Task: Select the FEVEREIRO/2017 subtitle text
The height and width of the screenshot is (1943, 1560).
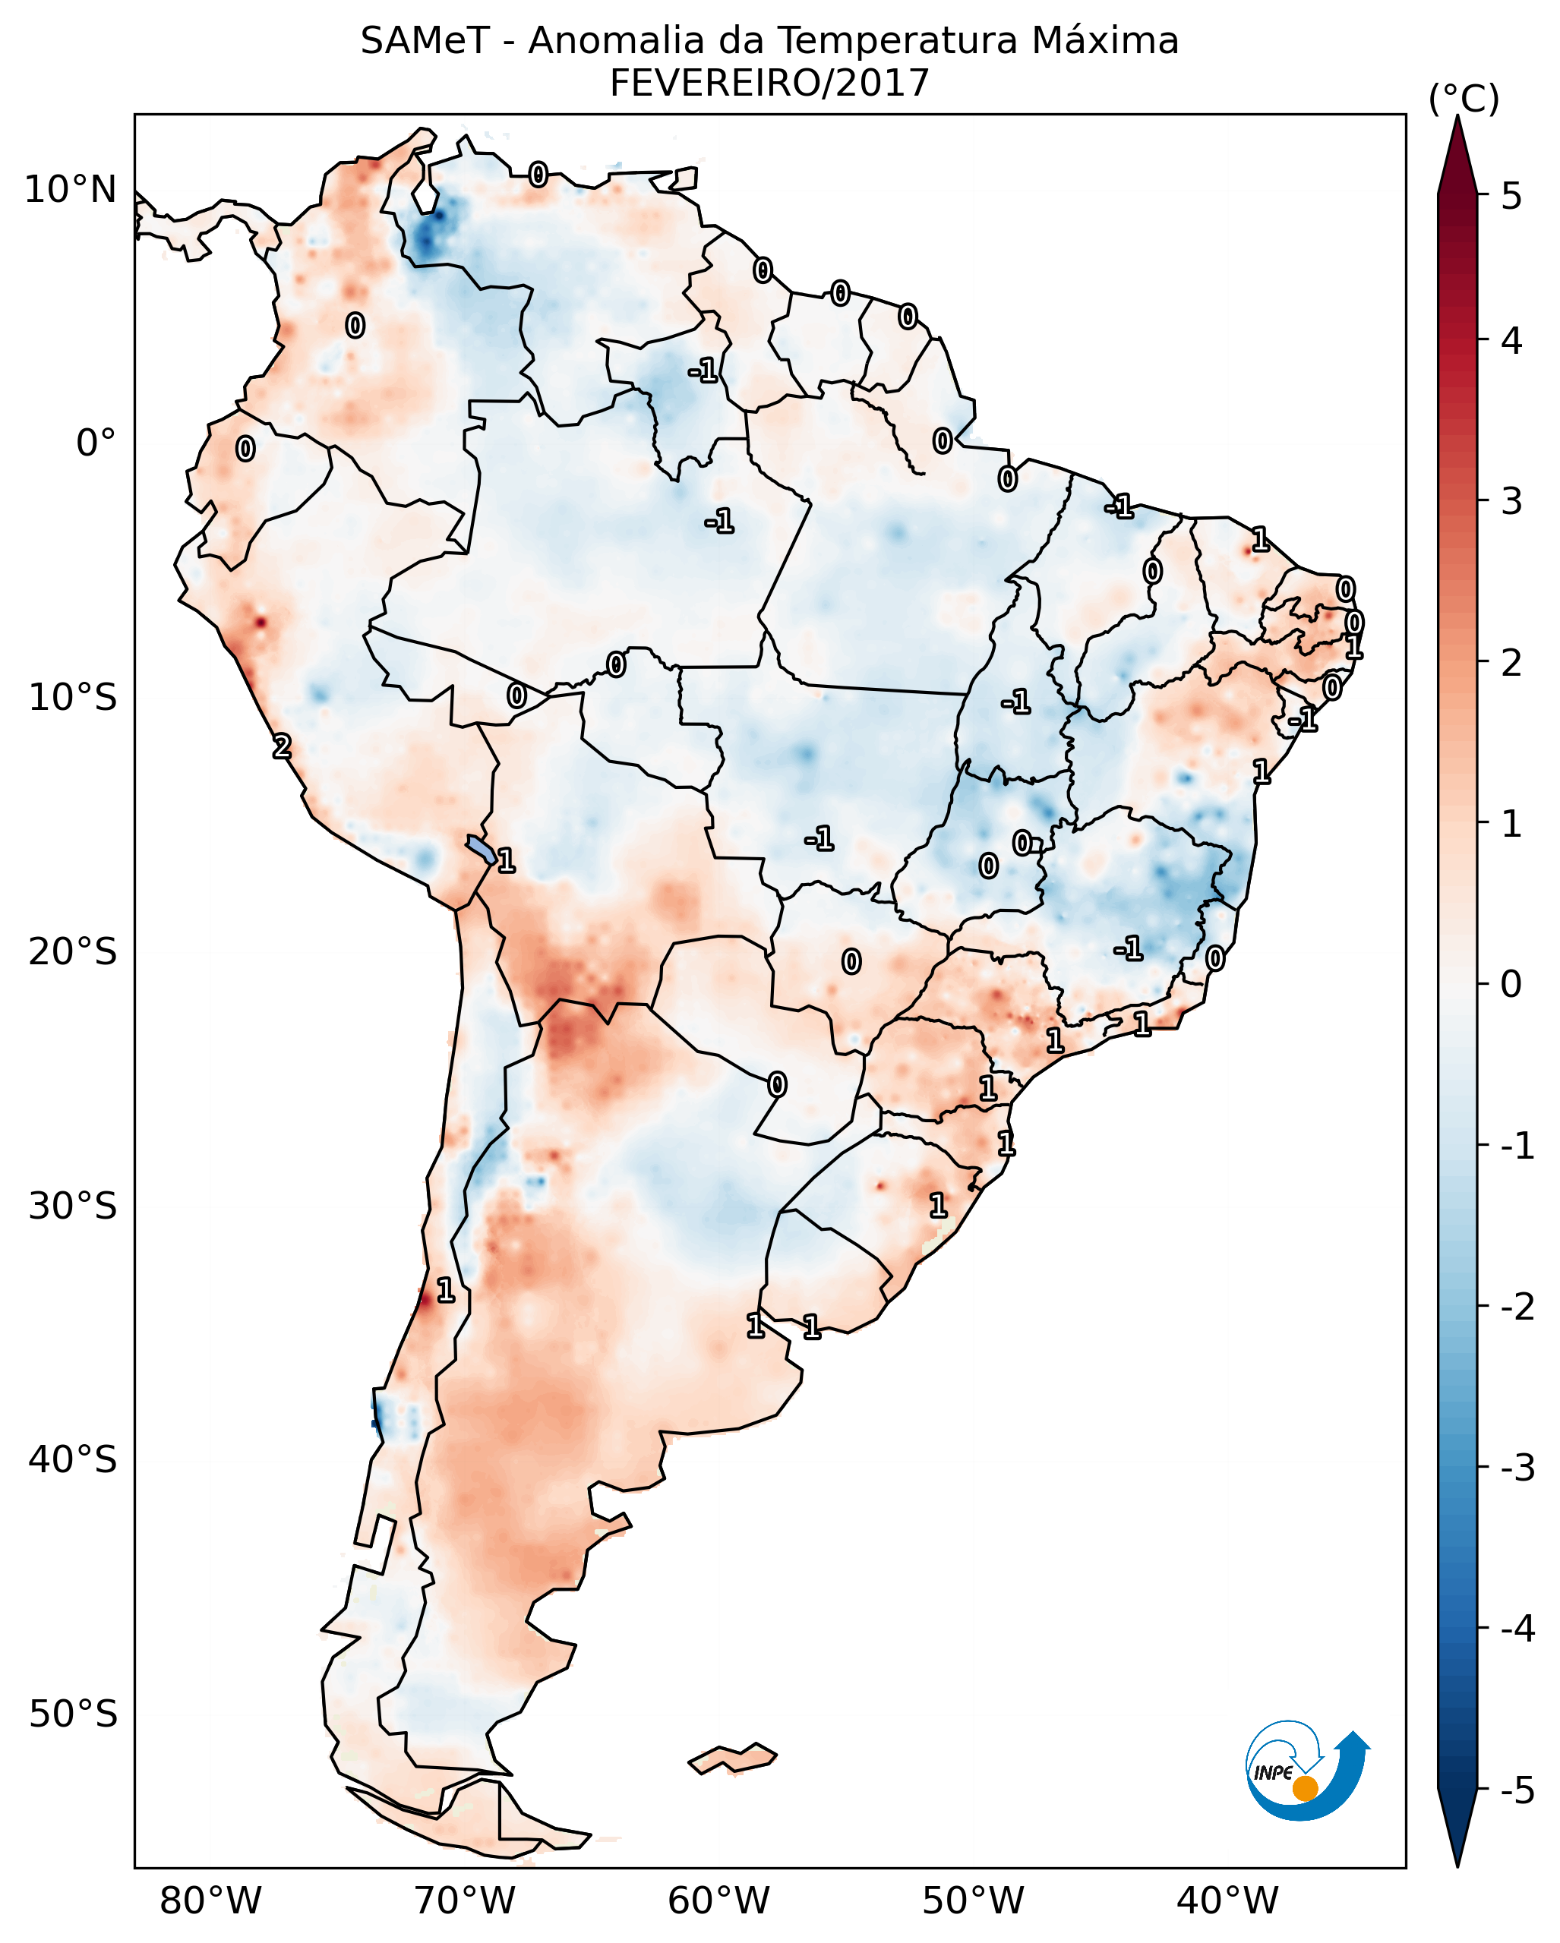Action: pyautogui.click(x=769, y=84)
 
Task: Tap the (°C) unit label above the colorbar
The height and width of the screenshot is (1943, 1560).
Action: pyautogui.click(x=1464, y=99)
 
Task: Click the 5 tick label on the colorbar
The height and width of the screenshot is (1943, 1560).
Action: pyautogui.click(x=1511, y=196)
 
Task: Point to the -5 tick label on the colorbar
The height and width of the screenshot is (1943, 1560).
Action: pyautogui.click(x=1517, y=1790)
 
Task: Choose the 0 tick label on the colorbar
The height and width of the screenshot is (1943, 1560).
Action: pyautogui.click(x=1511, y=983)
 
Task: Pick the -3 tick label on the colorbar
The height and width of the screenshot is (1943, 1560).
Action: pyautogui.click(x=1517, y=1468)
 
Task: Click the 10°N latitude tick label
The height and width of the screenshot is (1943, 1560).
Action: pyautogui.click(x=71, y=190)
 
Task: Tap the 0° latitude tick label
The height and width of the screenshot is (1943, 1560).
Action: pyautogui.click(x=96, y=443)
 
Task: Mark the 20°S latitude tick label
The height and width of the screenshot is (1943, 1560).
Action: pyautogui.click(x=72, y=951)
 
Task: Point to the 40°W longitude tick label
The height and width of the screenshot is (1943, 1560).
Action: pyautogui.click(x=1227, y=1901)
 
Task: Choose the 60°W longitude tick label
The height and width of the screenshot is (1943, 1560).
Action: pyautogui.click(x=718, y=1901)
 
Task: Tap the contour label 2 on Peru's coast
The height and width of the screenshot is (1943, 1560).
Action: pyautogui.click(x=282, y=746)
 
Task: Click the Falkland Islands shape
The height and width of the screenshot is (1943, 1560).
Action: pyautogui.click(x=732, y=1758)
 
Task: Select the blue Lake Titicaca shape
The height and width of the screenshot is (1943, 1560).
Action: pyautogui.click(x=480, y=849)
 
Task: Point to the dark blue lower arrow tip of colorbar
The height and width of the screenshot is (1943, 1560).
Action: pyautogui.click(x=1457, y=1829)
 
